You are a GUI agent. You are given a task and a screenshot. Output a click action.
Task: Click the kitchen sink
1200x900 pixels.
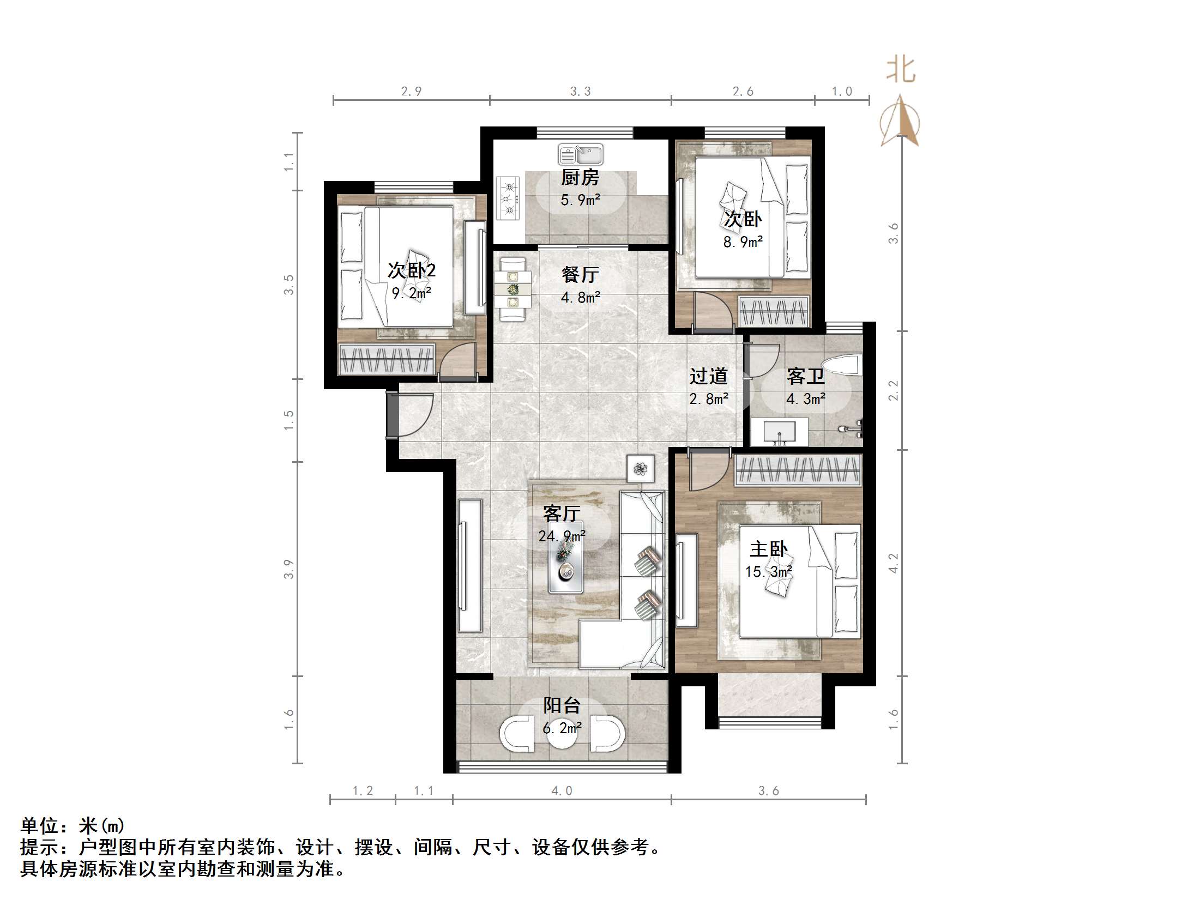coord(581,154)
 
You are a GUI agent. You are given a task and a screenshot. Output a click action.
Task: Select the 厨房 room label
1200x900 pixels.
coord(581,178)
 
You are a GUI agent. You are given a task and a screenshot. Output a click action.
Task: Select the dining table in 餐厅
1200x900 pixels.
coord(512,289)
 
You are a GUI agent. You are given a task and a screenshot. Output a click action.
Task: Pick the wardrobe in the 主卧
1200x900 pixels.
coord(798,470)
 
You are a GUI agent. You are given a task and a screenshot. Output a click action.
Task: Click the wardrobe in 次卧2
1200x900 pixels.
coord(387,359)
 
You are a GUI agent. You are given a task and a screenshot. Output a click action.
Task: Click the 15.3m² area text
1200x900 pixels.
coord(769,572)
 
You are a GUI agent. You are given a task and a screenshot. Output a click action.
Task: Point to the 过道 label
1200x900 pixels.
coord(708,376)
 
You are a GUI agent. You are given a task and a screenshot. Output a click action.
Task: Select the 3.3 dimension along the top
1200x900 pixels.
coord(580,92)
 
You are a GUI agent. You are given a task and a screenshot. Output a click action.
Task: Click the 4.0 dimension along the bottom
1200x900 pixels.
coord(562,791)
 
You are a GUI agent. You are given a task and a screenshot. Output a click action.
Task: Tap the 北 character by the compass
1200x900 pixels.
coord(900,70)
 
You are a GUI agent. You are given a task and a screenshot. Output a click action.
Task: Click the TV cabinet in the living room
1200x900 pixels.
coord(469,566)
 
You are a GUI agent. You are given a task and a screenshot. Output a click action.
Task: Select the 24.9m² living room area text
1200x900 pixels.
coord(562,536)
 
